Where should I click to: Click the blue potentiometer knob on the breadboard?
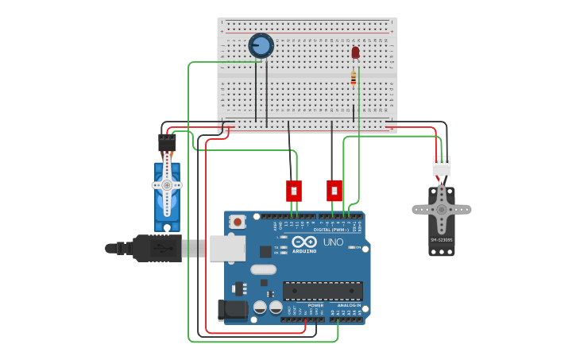[261, 45]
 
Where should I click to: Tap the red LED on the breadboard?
[355, 53]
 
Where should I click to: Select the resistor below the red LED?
[354, 78]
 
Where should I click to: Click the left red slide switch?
[294, 191]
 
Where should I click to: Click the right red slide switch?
[334, 191]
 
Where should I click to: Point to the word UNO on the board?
[333, 242]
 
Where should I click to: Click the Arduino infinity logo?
[304, 242]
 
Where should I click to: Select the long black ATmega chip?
[323, 291]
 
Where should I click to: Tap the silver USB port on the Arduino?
[227, 248]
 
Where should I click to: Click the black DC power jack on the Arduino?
[233, 309]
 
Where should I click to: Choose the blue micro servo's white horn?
[167, 185]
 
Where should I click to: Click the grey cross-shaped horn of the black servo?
[441, 209]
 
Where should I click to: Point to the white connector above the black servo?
[441, 166]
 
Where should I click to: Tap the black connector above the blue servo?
[167, 144]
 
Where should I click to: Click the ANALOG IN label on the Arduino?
[348, 305]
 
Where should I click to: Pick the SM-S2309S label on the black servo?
[441, 240]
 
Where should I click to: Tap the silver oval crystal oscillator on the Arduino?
[263, 269]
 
